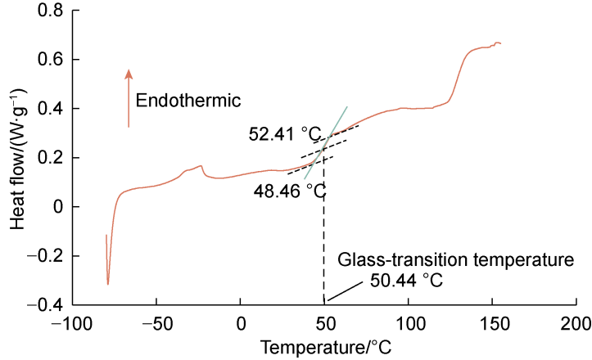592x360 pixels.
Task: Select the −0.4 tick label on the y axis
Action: (x=48, y=305)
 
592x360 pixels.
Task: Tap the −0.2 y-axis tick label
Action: (x=48, y=256)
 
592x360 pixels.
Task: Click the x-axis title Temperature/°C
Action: (x=327, y=347)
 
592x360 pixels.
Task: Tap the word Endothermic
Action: (x=188, y=101)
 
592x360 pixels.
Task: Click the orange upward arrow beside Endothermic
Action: (x=129, y=98)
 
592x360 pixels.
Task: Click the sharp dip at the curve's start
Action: (x=108, y=283)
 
